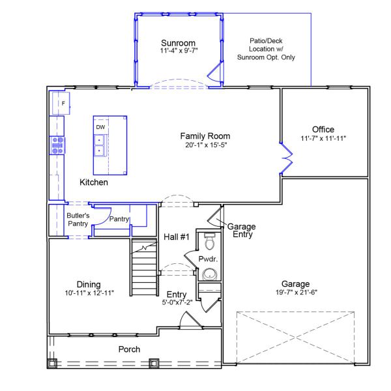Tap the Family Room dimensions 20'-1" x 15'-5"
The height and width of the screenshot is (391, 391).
205,145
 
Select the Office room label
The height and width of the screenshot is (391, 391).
323,129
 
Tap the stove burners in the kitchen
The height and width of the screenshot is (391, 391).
57,145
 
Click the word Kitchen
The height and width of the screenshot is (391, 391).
94,182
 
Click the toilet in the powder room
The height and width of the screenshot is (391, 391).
209,243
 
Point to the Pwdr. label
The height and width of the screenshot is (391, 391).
207,259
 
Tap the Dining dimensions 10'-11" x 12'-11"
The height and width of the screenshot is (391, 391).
90,293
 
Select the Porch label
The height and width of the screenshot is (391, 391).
129,349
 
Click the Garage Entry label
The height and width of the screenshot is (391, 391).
241,230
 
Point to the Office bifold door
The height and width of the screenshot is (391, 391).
285,158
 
